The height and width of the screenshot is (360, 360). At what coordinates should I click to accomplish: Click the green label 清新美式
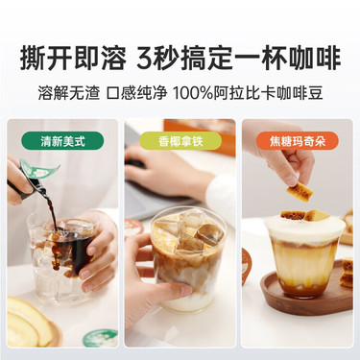point(62,141)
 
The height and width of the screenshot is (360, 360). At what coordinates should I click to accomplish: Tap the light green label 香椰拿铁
point(180,141)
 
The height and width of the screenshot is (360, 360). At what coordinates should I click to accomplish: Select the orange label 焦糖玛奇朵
point(298,141)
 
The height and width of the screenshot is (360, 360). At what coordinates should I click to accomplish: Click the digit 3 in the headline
point(144,59)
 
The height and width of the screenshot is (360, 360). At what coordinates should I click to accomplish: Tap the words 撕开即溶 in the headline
point(73,59)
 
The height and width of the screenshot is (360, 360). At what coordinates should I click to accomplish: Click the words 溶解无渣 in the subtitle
point(69,92)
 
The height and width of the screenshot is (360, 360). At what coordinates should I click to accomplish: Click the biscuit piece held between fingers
point(300,193)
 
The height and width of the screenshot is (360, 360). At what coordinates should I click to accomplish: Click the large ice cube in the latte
point(209,235)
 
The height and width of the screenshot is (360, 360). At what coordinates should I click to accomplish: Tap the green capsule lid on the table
point(100,339)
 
